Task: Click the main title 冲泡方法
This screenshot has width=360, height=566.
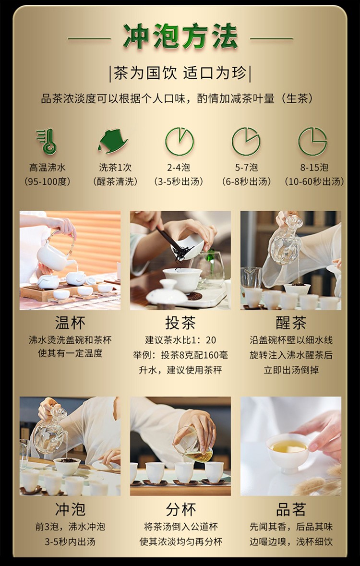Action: [180, 36]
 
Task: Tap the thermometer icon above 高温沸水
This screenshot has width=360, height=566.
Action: [47, 141]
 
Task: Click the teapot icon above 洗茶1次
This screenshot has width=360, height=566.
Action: [113, 141]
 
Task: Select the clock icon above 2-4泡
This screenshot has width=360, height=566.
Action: [180, 142]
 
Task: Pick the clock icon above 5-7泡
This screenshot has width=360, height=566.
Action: [246, 142]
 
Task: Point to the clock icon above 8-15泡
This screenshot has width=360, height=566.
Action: [312, 142]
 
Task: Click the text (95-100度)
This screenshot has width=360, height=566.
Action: [48, 181]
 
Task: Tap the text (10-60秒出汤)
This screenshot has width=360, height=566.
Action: [314, 181]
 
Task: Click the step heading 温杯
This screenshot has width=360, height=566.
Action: [70, 322]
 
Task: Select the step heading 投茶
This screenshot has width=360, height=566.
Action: [180, 322]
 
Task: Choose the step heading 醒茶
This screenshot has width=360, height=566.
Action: [291, 322]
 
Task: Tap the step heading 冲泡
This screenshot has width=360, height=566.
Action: [70, 509]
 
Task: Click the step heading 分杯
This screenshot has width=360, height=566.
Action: [180, 509]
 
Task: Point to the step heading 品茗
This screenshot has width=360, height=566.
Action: [291, 509]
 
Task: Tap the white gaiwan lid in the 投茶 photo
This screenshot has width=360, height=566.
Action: [167, 293]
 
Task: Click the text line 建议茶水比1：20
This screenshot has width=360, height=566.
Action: [180, 340]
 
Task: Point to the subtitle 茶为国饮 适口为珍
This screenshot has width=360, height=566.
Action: [180, 74]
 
